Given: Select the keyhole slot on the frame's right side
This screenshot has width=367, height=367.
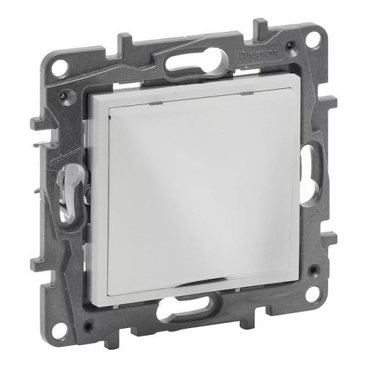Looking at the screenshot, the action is [311, 176].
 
